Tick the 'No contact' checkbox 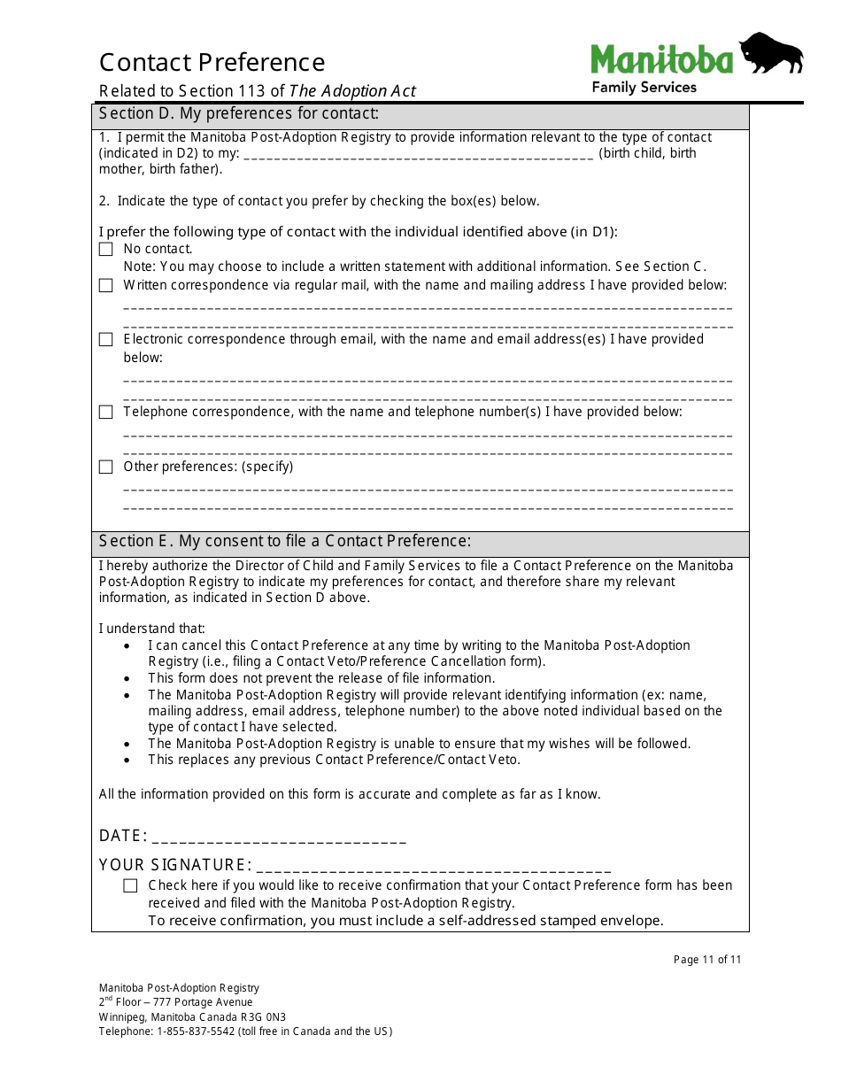coord(106,250)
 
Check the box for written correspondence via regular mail coord(106,285)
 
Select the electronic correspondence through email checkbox coord(106,339)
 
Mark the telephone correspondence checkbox coord(106,412)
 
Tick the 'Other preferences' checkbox coord(106,467)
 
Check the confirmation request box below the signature coord(131,885)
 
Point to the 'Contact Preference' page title coord(212,63)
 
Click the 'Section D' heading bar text coord(239,113)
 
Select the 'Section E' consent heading coord(285,541)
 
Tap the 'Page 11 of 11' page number coord(707,960)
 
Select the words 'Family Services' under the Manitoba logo coord(644,87)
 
